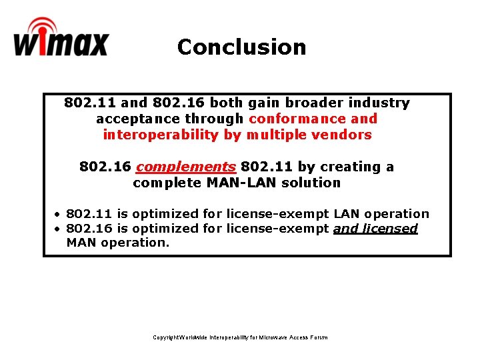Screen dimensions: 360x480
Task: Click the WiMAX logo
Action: (60, 39)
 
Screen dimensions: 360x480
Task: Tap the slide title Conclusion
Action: (241, 47)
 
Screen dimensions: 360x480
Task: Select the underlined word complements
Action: (186, 167)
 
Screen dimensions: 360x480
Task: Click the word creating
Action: (351, 167)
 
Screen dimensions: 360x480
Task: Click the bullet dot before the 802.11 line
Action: (58, 214)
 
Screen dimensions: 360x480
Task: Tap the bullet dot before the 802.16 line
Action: (58, 229)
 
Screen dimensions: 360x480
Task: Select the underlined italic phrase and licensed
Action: (375, 229)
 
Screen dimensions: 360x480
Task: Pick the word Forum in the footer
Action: (319, 337)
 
